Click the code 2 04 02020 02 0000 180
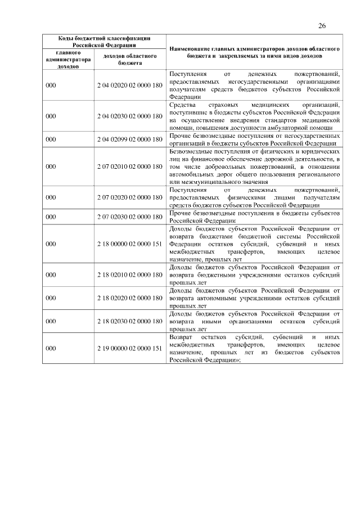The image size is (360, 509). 129,85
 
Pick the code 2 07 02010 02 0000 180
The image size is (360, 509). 129,166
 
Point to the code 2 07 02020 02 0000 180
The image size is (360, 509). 129,197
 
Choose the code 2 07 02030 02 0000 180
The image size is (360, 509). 129,217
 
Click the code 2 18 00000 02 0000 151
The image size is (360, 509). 129,244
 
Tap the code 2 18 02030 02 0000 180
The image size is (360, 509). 129,321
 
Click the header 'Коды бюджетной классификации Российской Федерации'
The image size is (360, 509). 105,41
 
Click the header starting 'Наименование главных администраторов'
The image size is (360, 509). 254,53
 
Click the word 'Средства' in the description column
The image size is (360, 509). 181,105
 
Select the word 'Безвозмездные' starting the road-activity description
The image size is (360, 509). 190,151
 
